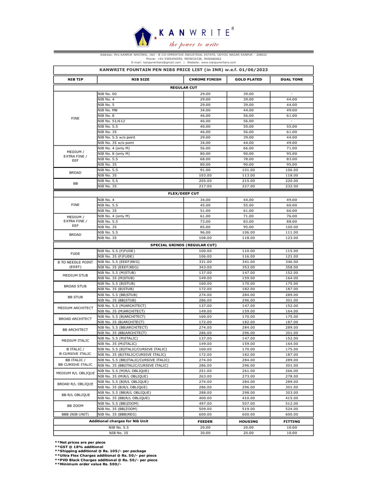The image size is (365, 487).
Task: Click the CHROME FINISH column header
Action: [205, 79]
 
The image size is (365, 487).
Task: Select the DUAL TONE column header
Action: [291, 79]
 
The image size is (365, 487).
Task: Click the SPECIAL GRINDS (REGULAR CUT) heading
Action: [183, 244]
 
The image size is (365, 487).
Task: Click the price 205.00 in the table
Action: [205, 180]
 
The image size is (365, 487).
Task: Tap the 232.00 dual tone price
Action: [291, 185]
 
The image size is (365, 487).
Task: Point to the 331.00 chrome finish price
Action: [205, 262]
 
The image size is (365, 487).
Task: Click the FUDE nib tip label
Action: [75, 253]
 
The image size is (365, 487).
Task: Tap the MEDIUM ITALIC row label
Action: [75, 341]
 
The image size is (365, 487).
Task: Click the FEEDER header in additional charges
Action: [205, 421]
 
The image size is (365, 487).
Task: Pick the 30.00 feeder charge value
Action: [205, 433]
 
